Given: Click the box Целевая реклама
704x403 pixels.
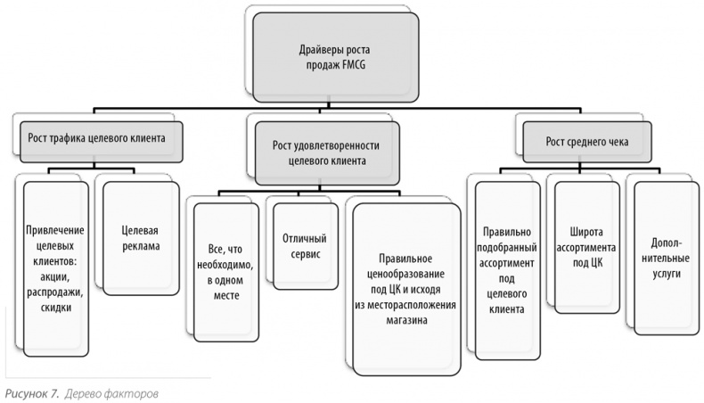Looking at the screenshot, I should [134, 236].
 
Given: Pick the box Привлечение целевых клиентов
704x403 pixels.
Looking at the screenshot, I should [55, 267].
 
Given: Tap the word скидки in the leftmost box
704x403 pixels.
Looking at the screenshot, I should [55, 307].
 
